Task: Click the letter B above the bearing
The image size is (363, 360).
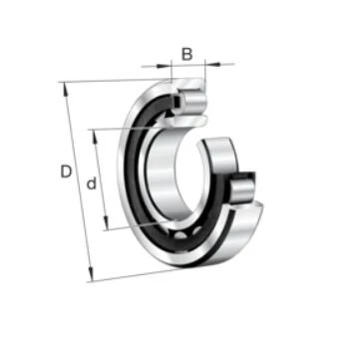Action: pyautogui.click(x=187, y=54)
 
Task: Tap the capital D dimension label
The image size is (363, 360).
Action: pyautogui.click(x=66, y=172)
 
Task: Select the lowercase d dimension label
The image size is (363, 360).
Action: pyautogui.click(x=92, y=183)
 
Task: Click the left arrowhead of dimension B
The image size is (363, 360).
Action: pyautogui.click(x=162, y=66)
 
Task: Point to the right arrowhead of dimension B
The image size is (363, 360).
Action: pyautogui.click(x=214, y=64)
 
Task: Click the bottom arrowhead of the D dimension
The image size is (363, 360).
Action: pyautogui.click(x=90, y=274)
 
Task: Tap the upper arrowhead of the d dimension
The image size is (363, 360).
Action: pyautogui.click(x=96, y=137)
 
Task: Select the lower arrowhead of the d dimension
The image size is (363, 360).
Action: pyautogui.click(x=106, y=222)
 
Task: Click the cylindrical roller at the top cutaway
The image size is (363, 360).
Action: pyautogui.click(x=193, y=101)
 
